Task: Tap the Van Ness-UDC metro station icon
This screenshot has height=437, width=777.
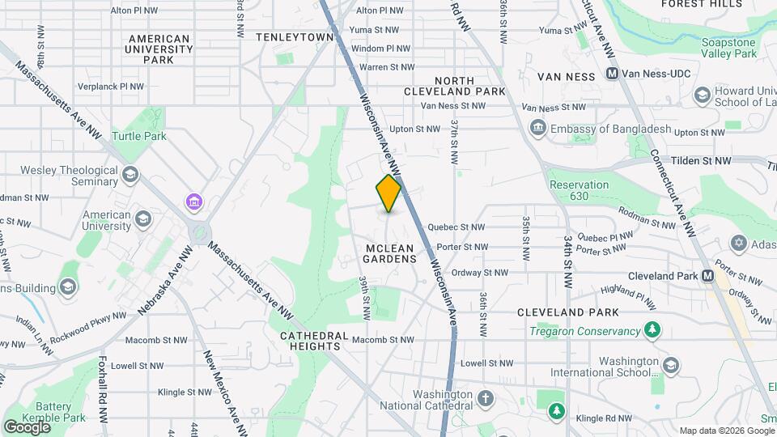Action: pyautogui.click(x=613, y=74)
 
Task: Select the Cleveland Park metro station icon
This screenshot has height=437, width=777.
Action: pyautogui.click(x=708, y=275)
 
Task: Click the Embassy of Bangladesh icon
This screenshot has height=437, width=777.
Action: pyautogui.click(x=537, y=128)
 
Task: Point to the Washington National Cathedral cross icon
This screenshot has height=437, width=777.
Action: pyautogui.click(x=485, y=399)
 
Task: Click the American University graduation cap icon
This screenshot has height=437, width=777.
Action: pyautogui.click(x=143, y=219)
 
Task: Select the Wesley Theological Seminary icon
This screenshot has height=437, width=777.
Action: pyautogui.click(x=129, y=175)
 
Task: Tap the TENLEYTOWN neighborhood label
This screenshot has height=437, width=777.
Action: pyautogui.click(x=295, y=37)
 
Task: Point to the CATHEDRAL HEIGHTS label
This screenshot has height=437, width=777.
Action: pyautogui.click(x=314, y=341)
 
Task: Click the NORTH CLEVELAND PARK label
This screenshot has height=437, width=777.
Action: pyautogui.click(x=470, y=86)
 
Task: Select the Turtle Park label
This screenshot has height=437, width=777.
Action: pyautogui.click(x=138, y=136)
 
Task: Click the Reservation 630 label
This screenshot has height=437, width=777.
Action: pyautogui.click(x=579, y=190)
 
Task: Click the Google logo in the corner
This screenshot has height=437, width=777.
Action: pyautogui.click(x=26, y=426)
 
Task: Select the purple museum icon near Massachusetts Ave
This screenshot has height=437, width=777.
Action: pyautogui.click(x=193, y=201)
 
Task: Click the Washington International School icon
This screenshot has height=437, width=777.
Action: pyautogui.click(x=670, y=365)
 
